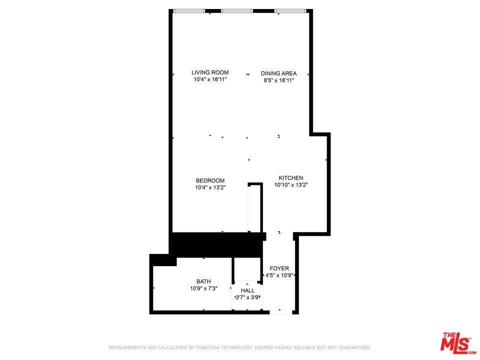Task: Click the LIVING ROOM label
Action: (x=210, y=72)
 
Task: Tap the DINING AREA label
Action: (x=278, y=73)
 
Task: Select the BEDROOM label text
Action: (x=210, y=180)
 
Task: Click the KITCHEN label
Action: (x=291, y=178)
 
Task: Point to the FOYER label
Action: (x=279, y=268)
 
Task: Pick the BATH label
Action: (x=203, y=281)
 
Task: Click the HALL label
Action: (x=247, y=290)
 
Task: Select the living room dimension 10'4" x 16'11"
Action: (x=210, y=79)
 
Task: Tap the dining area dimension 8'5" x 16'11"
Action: (x=278, y=80)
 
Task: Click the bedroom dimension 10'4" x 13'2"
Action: (x=210, y=188)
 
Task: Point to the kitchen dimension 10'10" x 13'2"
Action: (x=291, y=185)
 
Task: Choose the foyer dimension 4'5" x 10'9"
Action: (x=279, y=275)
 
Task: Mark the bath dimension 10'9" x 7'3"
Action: (x=203, y=288)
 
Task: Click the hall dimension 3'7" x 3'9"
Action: (x=247, y=297)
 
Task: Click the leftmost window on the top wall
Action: (x=188, y=10)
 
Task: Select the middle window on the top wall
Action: (x=237, y=10)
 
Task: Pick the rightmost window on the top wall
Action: (x=290, y=10)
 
